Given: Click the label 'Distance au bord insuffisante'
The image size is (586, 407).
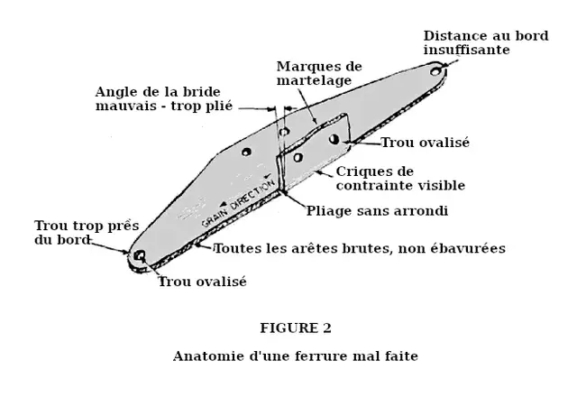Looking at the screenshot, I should [486, 42].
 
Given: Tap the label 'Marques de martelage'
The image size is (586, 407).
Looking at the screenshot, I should [318, 73].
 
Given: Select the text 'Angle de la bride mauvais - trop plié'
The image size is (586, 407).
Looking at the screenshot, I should [164, 98].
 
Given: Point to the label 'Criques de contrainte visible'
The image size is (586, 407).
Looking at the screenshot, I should [400, 178].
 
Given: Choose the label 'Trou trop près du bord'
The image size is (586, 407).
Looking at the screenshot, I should [79, 233].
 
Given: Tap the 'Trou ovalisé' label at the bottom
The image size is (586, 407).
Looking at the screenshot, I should [202, 281].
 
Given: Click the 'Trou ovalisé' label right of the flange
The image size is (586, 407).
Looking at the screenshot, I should [425, 143].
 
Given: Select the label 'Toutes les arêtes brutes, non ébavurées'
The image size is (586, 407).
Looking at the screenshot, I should [359, 247].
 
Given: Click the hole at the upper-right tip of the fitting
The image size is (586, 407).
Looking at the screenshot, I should [436, 69].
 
